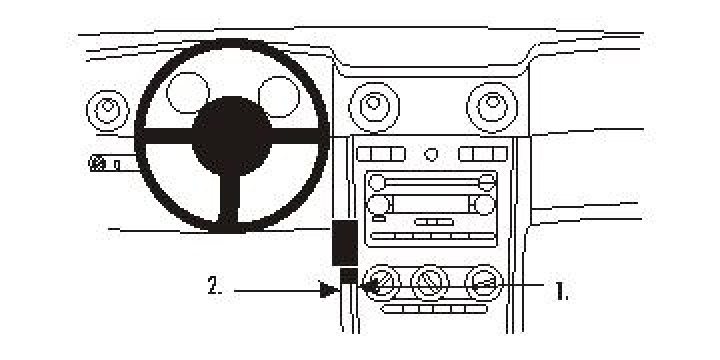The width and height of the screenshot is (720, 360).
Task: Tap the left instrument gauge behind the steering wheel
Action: pyautogui.click(x=186, y=93)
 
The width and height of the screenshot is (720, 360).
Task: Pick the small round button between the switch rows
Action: pyautogui.click(x=431, y=154)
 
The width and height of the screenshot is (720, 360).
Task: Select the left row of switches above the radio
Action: pyautogui.click(x=380, y=154)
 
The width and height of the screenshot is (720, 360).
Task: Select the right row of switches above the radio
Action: pyautogui.click(x=482, y=154)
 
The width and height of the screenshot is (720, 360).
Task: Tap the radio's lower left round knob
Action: pyautogui.click(x=377, y=205)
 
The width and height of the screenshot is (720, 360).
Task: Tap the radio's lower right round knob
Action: pyautogui.click(x=485, y=204)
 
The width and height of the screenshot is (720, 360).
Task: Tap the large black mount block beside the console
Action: pyautogui.click(x=345, y=242)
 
